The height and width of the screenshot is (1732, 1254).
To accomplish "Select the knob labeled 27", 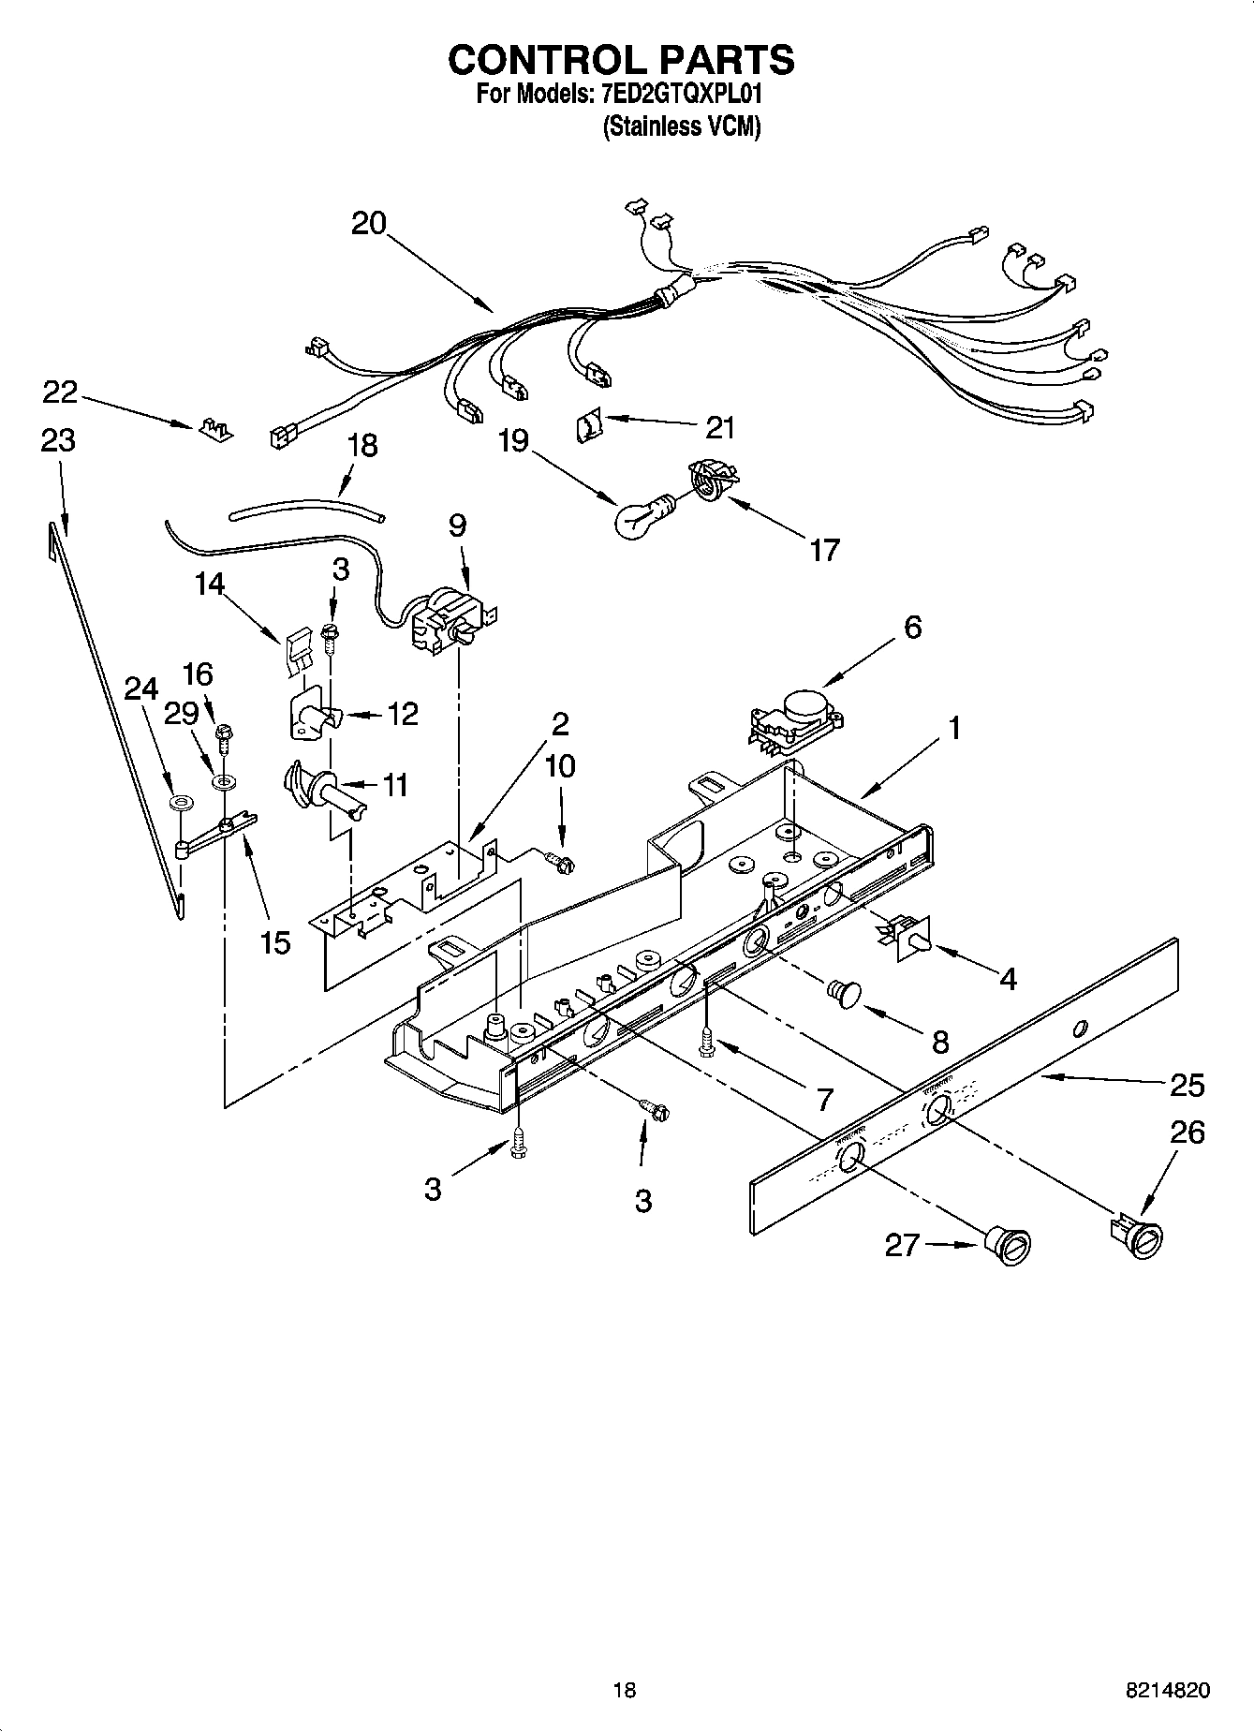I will pyautogui.click(x=1011, y=1247).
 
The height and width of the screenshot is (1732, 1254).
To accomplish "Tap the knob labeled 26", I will pyautogui.click(x=1140, y=1236).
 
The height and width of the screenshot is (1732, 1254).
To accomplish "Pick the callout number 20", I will pyautogui.click(x=369, y=224).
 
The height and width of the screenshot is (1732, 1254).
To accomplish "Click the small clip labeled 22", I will pyautogui.click(x=215, y=431).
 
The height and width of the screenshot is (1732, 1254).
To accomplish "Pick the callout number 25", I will pyautogui.click(x=1188, y=1086).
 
